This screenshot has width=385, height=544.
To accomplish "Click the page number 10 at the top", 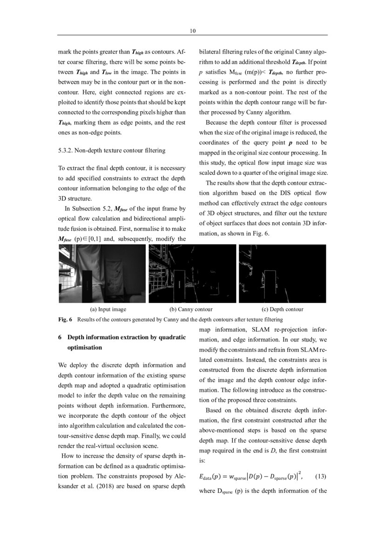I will pos(192,31).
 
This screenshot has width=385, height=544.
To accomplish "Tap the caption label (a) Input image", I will pos(108,309).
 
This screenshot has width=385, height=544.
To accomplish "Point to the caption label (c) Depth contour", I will pos(283,309).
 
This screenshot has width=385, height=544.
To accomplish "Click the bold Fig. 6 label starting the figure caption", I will pos(65,319).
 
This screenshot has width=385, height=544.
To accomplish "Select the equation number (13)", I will pos(321,476).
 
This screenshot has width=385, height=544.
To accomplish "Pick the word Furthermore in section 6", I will pos(171,405).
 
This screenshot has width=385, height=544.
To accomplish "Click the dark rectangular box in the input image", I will pos(88,285).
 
